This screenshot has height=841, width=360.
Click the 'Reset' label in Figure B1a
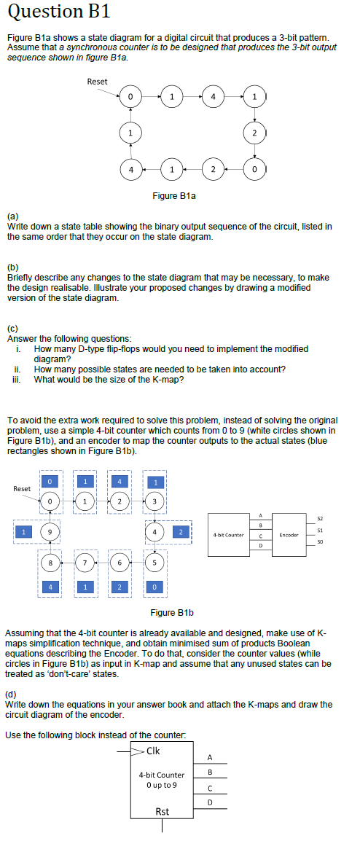[97, 81]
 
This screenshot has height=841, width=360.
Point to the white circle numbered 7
[85, 563]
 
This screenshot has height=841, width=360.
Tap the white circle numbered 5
[154, 563]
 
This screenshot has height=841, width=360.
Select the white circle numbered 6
[120, 563]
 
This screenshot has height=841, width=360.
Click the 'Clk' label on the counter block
[154, 751]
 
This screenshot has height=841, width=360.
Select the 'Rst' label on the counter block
[163, 811]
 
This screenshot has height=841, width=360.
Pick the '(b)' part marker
[12, 269]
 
